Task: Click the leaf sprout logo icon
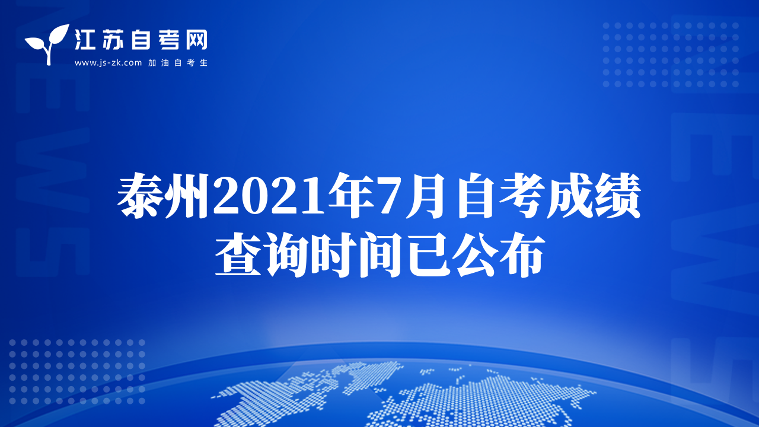tap(47, 44)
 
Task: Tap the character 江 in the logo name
tap(85, 39)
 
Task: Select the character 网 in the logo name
tap(197, 39)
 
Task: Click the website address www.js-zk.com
tap(108, 63)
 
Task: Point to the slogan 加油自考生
tap(178, 63)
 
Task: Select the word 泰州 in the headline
tap(163, 196)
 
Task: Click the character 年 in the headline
tap(352, 196)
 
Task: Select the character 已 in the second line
tap(428, 255)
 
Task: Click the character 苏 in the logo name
tap(112, 39)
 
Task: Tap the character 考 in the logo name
tap(168, 39)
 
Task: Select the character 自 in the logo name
tap(141, 39)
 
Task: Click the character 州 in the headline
tap(186, 196)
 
